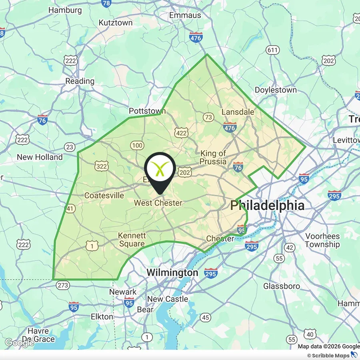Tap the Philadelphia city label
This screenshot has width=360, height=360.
(267, 206)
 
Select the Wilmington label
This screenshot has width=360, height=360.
(172, 273)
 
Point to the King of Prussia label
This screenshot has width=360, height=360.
(213, 158)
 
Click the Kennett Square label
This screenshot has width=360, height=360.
(132, 240)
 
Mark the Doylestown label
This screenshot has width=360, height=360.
(276, 90)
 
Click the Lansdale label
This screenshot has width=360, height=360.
(238, 112)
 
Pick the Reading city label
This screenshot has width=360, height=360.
(80, 81)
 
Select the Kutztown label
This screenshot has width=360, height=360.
(115, 23)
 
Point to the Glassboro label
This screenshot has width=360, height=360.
(282, 286)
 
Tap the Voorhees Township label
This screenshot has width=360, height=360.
(322, 240)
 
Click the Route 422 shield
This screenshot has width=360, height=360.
(181, 133)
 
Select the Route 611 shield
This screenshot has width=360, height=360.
(272, 50)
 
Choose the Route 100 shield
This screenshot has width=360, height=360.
(137, 145)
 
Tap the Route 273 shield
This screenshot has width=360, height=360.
(63, 285)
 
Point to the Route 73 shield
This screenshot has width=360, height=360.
(208, 117)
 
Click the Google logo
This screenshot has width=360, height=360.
(19, 343)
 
